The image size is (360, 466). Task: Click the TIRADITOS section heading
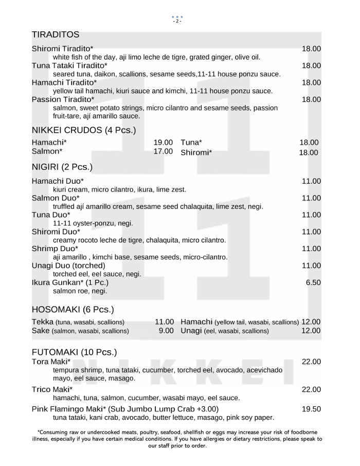pos(56,34)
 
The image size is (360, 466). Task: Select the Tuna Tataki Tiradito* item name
pos(69,66)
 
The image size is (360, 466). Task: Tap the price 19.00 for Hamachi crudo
pos(163,142)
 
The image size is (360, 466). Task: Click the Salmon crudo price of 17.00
pos(163,151)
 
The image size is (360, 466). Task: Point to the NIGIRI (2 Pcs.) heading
pos(62,167)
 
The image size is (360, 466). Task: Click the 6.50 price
pos(313,282)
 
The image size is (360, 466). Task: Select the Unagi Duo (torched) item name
pos(68,265)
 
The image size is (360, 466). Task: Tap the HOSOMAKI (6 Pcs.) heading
pos(73,310)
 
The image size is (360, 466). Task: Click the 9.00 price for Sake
pos(166,331)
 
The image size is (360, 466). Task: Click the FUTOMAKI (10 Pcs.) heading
pos(74,352)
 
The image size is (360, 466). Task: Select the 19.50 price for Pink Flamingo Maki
pos(311,409)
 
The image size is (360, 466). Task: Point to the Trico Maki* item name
pos(52,389)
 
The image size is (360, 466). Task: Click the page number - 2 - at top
pos(177,21)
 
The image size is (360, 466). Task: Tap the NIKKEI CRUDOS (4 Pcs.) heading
pos(84,130)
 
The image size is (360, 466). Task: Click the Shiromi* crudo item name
pos(196,152)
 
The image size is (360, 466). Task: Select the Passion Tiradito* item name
pos(63,99)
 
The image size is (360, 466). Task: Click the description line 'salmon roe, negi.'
pos(80,291)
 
